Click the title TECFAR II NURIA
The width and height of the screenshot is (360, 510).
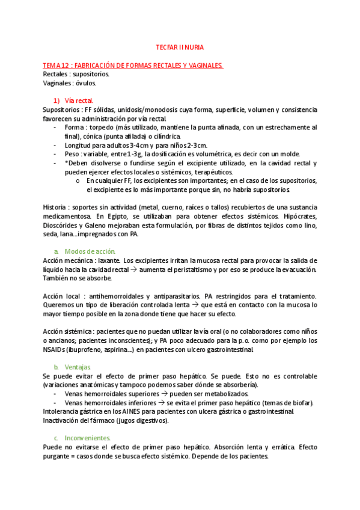coord(180,46)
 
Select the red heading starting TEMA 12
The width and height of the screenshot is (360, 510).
coord(133,65)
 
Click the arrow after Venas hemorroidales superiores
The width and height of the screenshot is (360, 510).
coord(163,393)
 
